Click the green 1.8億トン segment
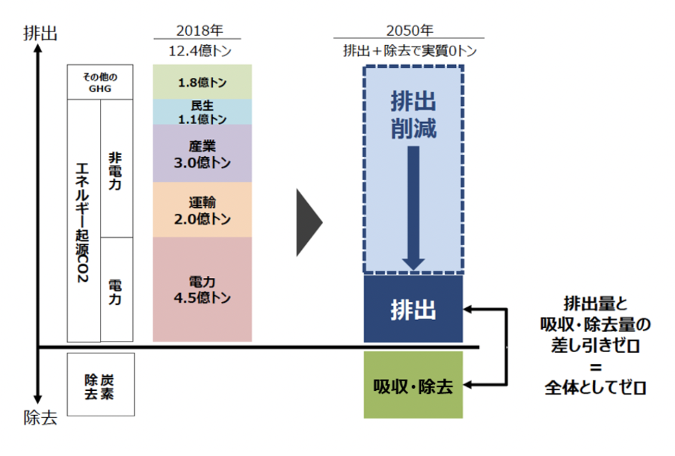[x=203, y=82]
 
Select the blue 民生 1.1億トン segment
[x=203, y=112]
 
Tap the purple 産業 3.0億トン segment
[x=203, y=153]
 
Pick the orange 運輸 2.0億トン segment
[x=203, y=210]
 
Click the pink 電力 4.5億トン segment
[x=203, y=290]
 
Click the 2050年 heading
[x=410, y=31]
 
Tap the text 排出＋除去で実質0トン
[x=410, y=51]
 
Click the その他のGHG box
[x=100, y=81]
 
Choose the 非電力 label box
[x=115, y=169]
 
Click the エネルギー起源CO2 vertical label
[x=83, y=221]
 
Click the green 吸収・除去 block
[x=413, y=386]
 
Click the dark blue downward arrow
[x=413, y=206]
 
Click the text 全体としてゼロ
[x=595, y=388]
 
